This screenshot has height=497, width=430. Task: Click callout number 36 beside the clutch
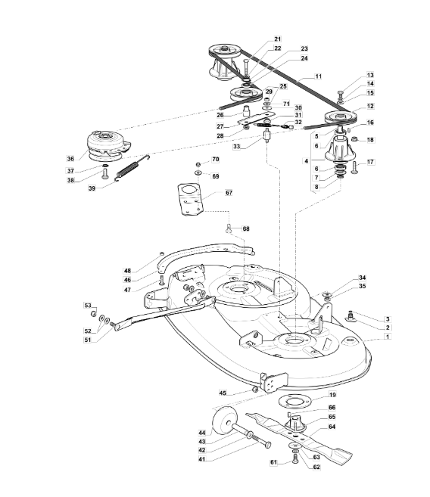click(70, 159)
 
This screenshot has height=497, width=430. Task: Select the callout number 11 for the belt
click(318, 76)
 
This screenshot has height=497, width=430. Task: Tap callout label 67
click(229, 193)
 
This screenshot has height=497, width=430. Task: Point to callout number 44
click(202, 433)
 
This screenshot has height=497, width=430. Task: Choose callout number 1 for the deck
click(387, 337)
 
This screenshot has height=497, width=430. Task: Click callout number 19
click(332, 395)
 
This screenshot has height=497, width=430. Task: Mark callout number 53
click(88, 306)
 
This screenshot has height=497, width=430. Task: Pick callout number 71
click(286, 104)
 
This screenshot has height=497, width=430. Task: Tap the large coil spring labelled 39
click(132, 168)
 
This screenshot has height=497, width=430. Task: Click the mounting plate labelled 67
click(189, 199)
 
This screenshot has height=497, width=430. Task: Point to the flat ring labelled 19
click(294, 402)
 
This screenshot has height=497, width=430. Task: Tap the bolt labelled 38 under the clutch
click(105, 174)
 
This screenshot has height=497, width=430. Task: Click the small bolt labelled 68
click(229, 228)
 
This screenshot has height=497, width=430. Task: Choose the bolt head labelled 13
click(341, 93)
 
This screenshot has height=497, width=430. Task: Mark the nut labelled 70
click(198, 164)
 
